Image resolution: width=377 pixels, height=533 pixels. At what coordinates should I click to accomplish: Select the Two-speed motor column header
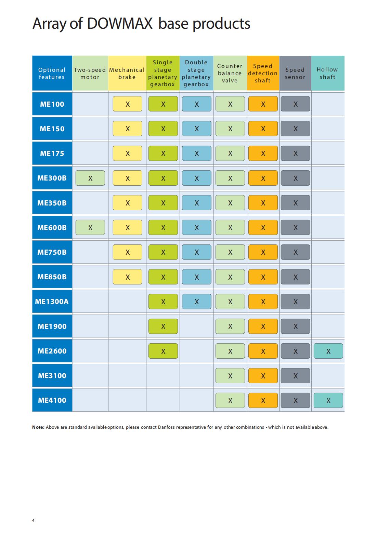click(90, 73)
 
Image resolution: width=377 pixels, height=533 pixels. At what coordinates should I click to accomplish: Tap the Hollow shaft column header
click(328, 73)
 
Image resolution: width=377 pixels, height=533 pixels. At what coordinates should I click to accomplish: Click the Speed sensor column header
click(295, 73)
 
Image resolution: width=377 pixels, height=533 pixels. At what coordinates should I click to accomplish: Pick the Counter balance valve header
click(230, 73)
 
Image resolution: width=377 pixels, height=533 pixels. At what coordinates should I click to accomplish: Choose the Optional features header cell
click(52, 73)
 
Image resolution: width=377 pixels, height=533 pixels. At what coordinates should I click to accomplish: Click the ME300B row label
click(52, 178)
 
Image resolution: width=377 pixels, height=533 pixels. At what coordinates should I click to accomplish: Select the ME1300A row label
click(52, 302)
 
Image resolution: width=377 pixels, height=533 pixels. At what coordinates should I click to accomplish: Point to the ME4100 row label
click(52, 400)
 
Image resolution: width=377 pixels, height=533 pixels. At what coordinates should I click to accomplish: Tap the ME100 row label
click(52, 104)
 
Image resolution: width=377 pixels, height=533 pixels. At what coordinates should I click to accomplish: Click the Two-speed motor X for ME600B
click(90, 227)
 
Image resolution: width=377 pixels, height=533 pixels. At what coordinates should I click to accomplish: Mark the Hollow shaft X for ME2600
click(328, 351)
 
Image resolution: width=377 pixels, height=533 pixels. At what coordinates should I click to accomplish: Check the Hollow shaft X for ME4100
click(328, 400)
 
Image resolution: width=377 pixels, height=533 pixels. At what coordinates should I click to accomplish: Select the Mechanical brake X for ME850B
click(127, 277)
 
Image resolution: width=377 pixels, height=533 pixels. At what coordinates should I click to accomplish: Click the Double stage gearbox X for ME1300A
click(197, 302)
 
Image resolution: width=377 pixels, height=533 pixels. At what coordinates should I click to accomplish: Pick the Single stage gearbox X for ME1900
click(163, 326)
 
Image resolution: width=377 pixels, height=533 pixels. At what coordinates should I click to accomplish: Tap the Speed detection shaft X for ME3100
click(263, 376)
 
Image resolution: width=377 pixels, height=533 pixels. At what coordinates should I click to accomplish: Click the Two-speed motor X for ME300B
click(90, 178)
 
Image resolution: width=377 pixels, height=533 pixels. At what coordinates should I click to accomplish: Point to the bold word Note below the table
click(38, 427)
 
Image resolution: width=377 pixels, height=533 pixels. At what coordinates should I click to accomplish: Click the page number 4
click(33, 520)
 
